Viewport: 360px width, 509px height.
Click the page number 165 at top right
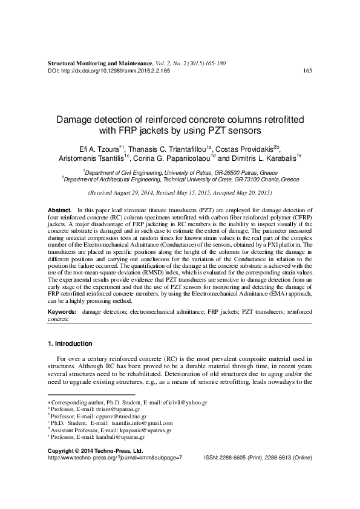click(307, 71)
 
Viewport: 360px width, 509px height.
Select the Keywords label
click(62, 311)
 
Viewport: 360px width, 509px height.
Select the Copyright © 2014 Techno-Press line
click(94, 451)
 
